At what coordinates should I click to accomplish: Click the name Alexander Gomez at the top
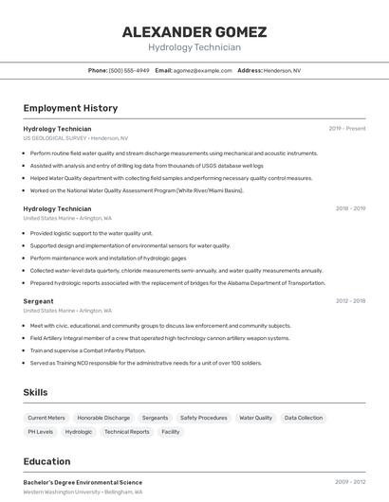[194, 32]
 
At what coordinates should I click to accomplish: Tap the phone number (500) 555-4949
[129, 70]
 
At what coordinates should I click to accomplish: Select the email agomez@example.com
[202, 70]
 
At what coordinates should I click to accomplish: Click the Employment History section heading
[70, 108]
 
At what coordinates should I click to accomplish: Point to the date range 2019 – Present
[347, 129]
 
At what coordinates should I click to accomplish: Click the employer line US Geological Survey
[75, 138]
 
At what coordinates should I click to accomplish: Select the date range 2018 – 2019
[350, 208]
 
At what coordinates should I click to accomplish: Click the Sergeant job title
[38, 301]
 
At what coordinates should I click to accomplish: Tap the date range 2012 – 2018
[350, 301]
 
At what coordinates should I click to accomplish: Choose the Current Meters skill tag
[46, 418]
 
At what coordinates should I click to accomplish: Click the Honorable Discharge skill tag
[103, 418]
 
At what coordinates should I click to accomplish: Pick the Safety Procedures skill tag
[203, 418]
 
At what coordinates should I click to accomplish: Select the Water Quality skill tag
[255, 418]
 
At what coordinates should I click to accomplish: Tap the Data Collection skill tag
[304, 418]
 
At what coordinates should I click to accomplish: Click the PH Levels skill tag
[40, 432]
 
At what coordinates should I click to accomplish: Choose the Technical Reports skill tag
[126, 432]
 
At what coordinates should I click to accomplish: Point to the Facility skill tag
[171, 432]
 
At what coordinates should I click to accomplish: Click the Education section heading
[46, 462]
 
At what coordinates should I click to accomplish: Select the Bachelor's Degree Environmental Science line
[83, 482]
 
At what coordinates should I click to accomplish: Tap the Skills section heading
[35, 392]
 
